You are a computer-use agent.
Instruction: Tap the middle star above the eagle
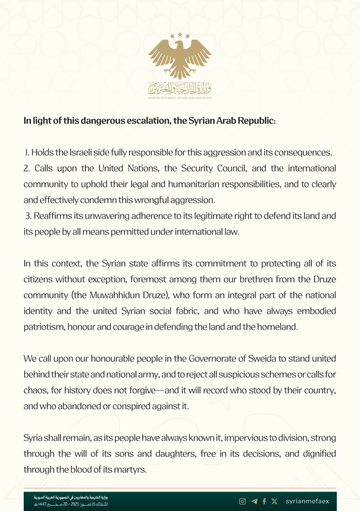tap(180, 34)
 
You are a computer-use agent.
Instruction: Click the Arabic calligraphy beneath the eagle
tap(180, 89)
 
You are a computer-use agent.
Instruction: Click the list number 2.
tap(27, 168)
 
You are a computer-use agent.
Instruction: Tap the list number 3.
tap(28, 216)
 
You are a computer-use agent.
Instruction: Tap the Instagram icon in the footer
tap(243, 501)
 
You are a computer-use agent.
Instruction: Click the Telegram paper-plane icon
tap(254, 501)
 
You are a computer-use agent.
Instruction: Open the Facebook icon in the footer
tap(264, 501)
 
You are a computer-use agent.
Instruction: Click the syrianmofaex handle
tap(307, 501)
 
